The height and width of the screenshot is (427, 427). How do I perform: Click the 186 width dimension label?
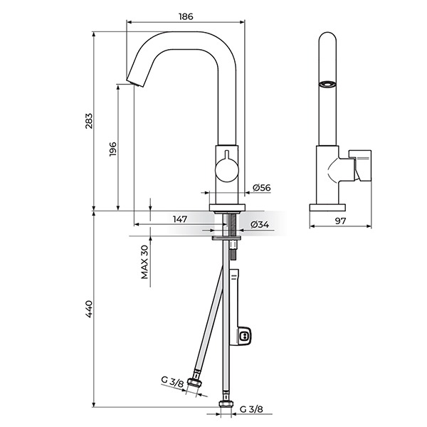point(186,16)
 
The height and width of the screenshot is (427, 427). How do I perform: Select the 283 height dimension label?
point(89,121)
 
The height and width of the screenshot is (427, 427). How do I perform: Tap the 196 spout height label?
point(112,149)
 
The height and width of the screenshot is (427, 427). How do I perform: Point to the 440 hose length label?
point(89,309)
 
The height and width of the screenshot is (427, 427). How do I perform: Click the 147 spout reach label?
point(180,219)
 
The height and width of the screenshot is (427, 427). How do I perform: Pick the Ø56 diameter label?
point(261,188)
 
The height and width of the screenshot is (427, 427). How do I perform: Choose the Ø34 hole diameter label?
point(260,224)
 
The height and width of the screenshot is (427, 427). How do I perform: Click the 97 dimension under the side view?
point(340,221)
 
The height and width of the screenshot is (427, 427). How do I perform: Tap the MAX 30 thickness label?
point(144,262)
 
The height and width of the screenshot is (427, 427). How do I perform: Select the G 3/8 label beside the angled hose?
point(172,381)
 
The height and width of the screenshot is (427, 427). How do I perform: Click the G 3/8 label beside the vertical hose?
point(251,409)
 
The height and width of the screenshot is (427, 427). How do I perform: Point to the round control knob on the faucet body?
point(227,171)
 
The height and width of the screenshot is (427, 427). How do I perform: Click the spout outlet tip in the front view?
point(135,83)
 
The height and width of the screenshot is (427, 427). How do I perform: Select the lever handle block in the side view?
point(360,165)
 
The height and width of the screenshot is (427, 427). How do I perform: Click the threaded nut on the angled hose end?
point(194,381)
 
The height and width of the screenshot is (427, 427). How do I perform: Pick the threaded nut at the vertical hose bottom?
point(226,404)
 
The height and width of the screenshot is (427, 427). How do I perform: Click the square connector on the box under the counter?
point(244,335)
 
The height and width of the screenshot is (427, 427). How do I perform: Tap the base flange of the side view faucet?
point(327,208)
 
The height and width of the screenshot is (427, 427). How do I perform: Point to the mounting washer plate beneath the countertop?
point(226,238)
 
